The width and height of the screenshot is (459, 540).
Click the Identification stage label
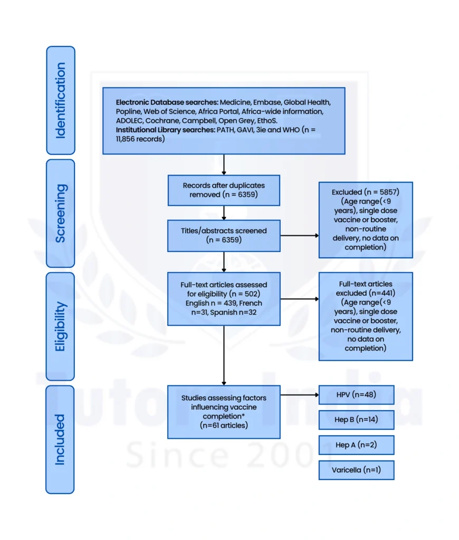[x=61, y=100]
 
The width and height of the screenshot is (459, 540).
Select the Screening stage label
[x=61, y=213]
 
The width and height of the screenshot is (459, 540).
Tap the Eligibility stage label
[x=61, y=326]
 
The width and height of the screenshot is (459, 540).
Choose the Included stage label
[x=61, y=439]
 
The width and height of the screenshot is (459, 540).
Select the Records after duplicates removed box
[x=224, y=190]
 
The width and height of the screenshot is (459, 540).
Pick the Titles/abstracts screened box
[x=224, y=235]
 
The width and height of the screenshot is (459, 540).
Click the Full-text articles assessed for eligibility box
[x=224, y=298]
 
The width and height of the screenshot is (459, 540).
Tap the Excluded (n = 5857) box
[x=365, y=220]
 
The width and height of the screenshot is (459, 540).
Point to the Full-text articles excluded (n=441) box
[x=365, y=316]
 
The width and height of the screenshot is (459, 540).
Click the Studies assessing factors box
[x=224, y=411]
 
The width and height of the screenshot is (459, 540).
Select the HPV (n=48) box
[x=356, y=394]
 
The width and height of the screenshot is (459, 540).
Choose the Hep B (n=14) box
[x=356, y=420]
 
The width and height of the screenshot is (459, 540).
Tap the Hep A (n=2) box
[x=356, y=445]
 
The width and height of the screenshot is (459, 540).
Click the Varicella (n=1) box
[x=356, y=470]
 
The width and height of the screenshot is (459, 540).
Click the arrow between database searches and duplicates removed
[x=224, y=164]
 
